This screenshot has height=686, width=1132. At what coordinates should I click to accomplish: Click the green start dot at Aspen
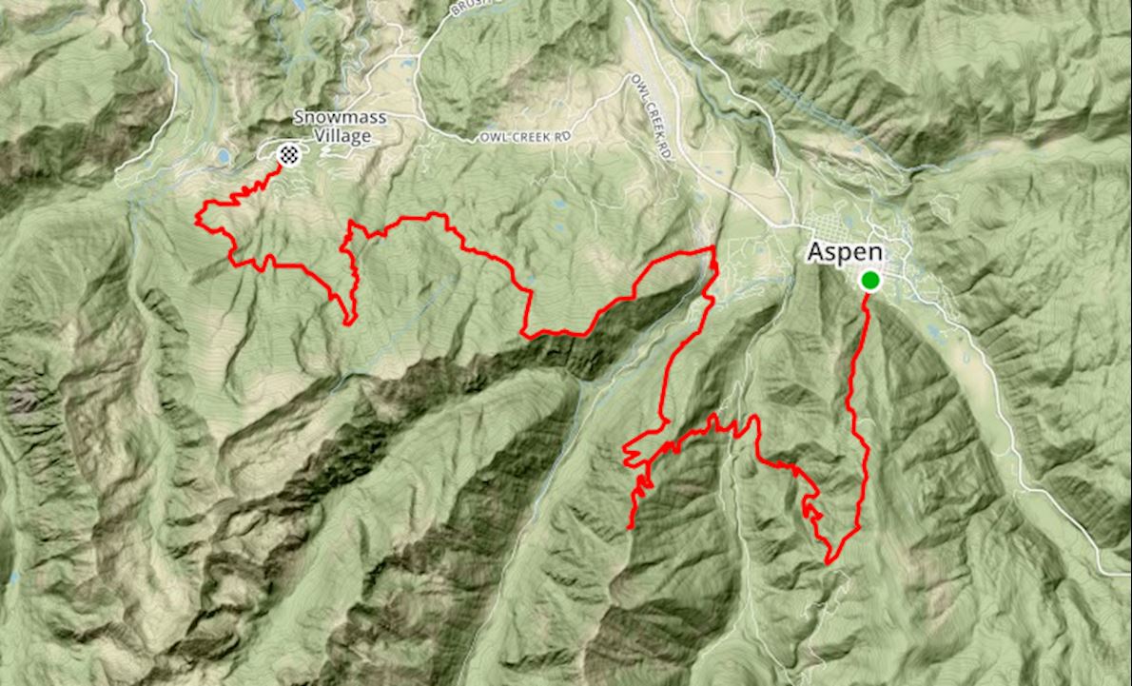pos(869,280)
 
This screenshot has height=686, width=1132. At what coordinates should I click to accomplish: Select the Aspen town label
pos(846,253)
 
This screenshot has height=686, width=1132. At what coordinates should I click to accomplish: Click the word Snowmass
pos(332,118)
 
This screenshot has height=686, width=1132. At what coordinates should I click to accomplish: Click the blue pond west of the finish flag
pos(223,155)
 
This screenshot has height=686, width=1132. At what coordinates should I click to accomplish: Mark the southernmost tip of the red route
pos(829,562)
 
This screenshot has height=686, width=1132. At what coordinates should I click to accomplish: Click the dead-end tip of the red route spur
pos(631,526)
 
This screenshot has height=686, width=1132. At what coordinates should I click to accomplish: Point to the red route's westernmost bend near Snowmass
pos(198,219)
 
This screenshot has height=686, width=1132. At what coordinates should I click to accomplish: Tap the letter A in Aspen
pos(815,253)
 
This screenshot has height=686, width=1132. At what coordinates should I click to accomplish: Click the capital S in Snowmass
pos(298,118)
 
